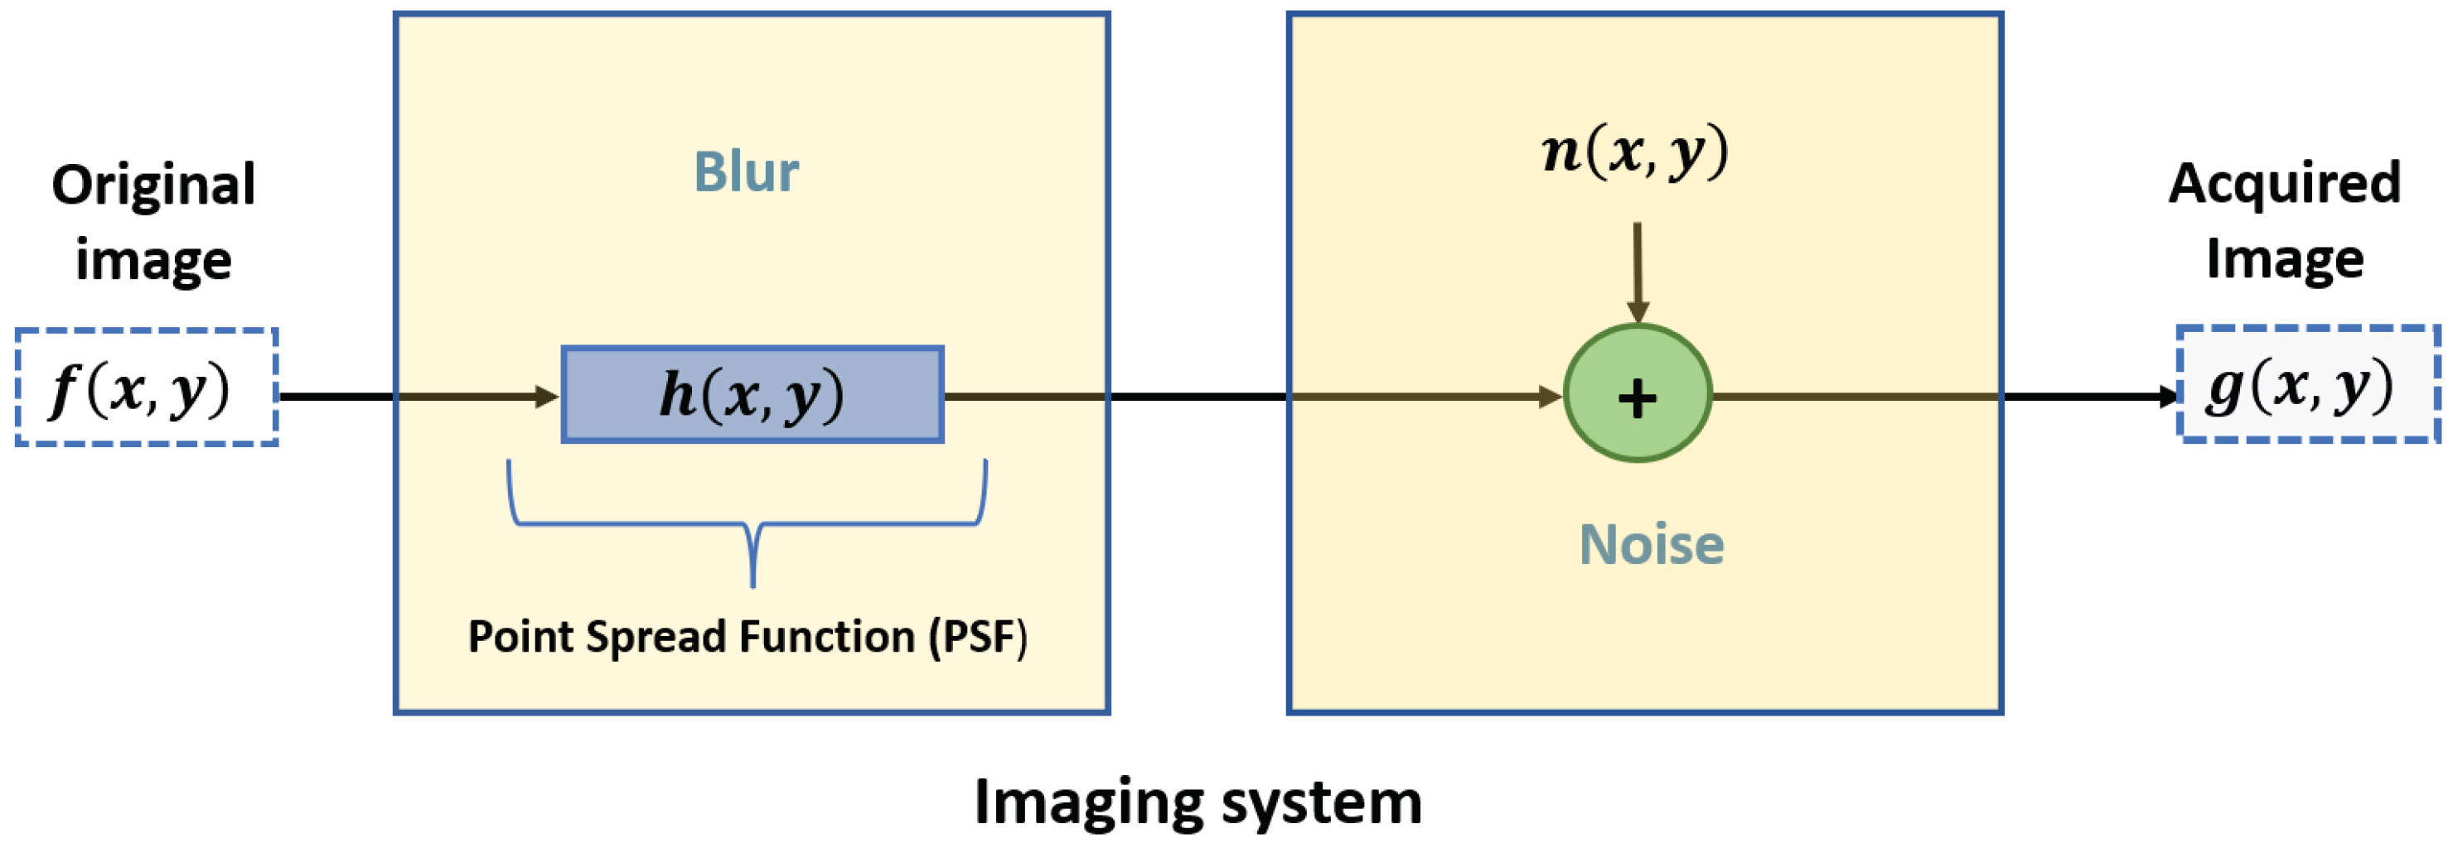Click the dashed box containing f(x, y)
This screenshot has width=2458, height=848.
pyautogui.click(x=147, y=388)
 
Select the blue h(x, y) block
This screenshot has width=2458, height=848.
pyautogui.click(x=752, y=395)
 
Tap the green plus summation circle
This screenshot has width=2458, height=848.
pyautogui.click(x=1638, y=394)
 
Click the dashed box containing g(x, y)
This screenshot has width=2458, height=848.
pyautogui.click(x=2308, y=384)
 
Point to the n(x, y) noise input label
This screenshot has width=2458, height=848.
pyautogui.click(x=1635, y=152)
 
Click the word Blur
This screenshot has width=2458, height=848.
pyautogui.click(x=746, y=172)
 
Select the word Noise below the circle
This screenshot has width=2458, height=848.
pyautogui.click(x=1652, y=545)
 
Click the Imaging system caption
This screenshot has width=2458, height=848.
pyautogui.click(x=1198, y=802)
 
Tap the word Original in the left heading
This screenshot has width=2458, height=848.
pyautogui.click(x=153, y=184)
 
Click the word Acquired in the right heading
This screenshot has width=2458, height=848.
pyautogui.click(x=2284, y=183)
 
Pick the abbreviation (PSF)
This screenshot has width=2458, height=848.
pyautogui.click(x=979, y=637)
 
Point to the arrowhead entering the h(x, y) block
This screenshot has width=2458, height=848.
pyautogui.click(x=548, y=396)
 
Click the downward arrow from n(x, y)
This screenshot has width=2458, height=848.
pyautogui.click(x=1638, y=272)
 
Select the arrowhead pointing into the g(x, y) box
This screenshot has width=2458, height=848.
pyautogui.click(x=2168, y=396)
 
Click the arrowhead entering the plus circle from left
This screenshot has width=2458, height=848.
pyautogui.click(x=1550, y=396)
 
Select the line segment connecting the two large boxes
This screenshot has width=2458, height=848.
pyautogui.click(x=1198, y=396)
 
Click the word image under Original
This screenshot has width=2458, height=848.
pyautogui.click(x=153, y=260)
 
